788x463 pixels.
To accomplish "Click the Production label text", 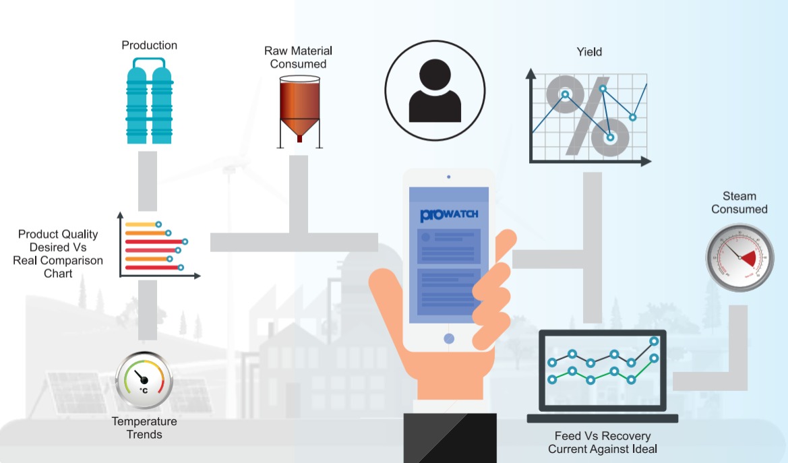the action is point(149,45).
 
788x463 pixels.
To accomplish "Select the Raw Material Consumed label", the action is point(298,57).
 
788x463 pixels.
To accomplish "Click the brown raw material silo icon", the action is point(299,112).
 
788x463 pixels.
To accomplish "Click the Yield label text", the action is point(589,52).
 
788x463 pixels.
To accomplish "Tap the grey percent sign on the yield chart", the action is point(587,116).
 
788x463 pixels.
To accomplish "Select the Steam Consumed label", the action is point(739,203).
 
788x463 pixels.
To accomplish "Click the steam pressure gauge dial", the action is point(739,257).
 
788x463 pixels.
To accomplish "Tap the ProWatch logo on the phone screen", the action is point(449,215).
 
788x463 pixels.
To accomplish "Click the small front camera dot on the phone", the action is point(449,177).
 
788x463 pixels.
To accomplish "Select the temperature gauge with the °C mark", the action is point(144,380).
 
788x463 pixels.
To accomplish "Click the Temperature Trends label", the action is point(144,428).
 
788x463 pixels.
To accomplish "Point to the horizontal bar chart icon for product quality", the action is point(159,246).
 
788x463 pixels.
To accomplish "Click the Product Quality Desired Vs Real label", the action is point(58,254).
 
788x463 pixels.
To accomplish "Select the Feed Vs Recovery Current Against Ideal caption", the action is point(603,442).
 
